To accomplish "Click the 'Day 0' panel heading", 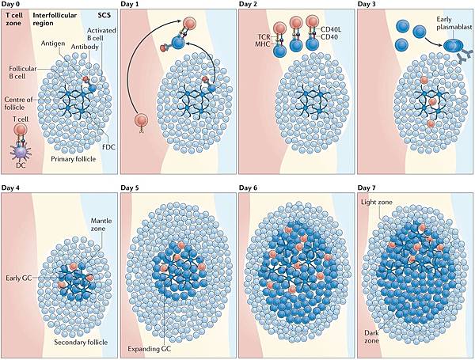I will click(12, 5).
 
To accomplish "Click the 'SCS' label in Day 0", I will click(104, 15).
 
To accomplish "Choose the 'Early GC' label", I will click(17, 279).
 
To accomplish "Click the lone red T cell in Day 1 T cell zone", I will click(141, 120).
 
